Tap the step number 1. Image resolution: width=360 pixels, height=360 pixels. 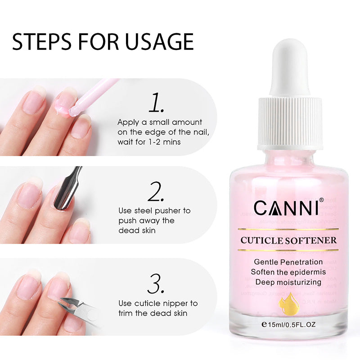(156, 104)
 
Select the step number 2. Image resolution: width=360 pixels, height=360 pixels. (156, 192)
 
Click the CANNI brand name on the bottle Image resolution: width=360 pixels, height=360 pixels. (286, 207)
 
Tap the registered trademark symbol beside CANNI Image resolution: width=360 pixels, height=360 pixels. (321, 200)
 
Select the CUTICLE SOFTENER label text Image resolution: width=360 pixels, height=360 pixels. (288, 240)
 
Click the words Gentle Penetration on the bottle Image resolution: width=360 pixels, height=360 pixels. (288, 262)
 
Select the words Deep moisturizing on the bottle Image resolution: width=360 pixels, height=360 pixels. (288, 282)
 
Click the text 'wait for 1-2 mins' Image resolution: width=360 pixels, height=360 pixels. (149, 143)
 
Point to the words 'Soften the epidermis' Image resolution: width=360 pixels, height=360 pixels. (288, 272)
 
